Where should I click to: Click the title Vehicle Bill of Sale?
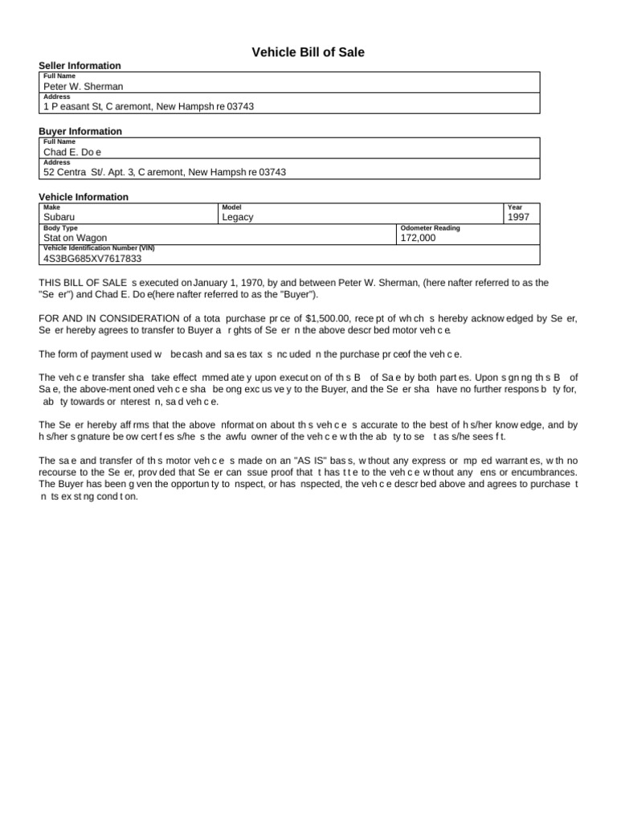[308, 52]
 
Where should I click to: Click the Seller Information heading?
[80, 66]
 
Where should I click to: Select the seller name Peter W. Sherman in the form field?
[84, 86]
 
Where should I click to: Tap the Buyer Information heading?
[80, 132]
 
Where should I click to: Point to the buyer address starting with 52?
[165, 172]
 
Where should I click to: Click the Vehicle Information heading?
[84, 198]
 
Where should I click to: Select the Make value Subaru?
[61, 217]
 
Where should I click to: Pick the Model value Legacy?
[238, 217]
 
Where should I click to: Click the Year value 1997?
[519, 217]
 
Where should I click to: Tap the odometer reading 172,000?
[418, 238]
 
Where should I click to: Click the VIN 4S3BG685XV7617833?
[92, 259]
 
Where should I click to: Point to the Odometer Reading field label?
[430, 228]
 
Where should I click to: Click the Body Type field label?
[60, 228]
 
